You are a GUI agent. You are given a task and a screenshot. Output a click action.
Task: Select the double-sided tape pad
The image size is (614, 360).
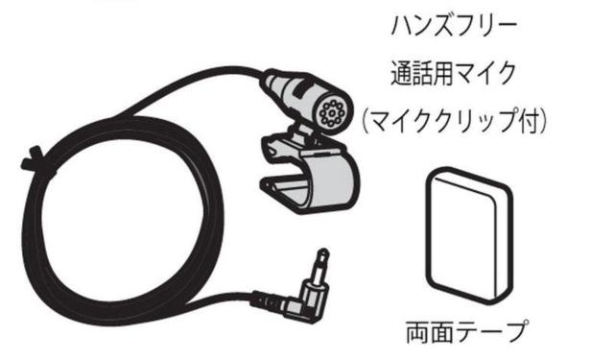point(469,236)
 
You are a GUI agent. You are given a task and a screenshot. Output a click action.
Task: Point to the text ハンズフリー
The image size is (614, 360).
point(454,25)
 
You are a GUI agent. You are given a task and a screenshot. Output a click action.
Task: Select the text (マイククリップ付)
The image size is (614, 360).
point(454,121)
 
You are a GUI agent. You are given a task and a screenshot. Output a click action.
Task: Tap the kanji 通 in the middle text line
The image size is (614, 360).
point(403,74)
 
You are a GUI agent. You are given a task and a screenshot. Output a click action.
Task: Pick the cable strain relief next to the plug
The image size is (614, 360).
point(268,301)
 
